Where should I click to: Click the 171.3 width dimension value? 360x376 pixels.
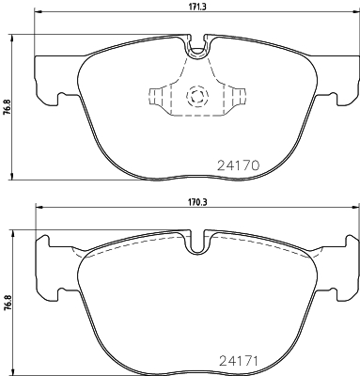pyautogui.click(x=196, y=6)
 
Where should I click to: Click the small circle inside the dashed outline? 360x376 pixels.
pyautogui.click(x=197, y=95)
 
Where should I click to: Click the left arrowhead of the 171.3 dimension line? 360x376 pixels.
pyautogui.click(x=38, y=14)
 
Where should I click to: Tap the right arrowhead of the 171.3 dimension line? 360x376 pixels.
pyautogui.click(x=355, y=14)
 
